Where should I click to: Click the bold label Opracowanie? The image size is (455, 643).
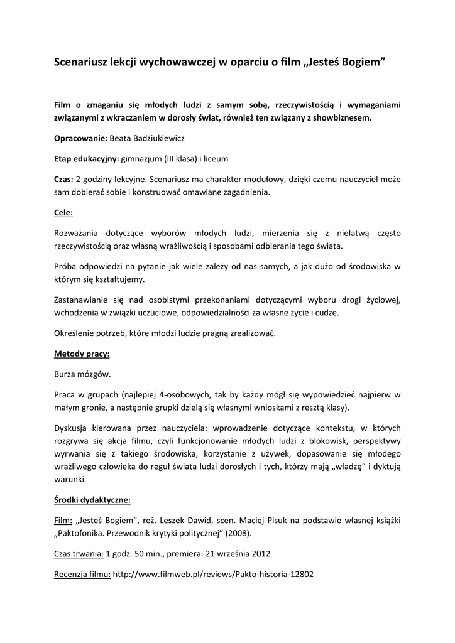point(81,138)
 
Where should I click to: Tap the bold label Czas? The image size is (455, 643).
point(63,180)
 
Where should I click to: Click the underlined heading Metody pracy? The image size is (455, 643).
point(82,354)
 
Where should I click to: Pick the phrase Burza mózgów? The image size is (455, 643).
point(82,374)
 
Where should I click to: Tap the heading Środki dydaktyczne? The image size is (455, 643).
point(92,500)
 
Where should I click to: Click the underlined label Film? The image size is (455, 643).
point(63,521)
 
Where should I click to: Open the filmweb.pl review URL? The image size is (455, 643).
point(213,574)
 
